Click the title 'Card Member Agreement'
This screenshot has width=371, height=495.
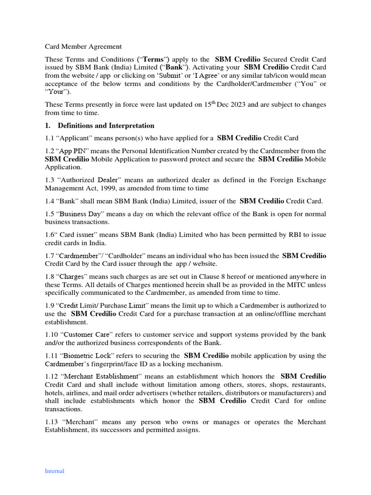(x=83, y=46)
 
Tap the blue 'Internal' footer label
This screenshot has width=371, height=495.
(x=54, y=471)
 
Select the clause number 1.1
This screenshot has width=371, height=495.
(x=49, y=138)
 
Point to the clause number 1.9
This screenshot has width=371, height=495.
(x=49, y=306)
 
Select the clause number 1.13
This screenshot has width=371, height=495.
(x=51, y=422)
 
